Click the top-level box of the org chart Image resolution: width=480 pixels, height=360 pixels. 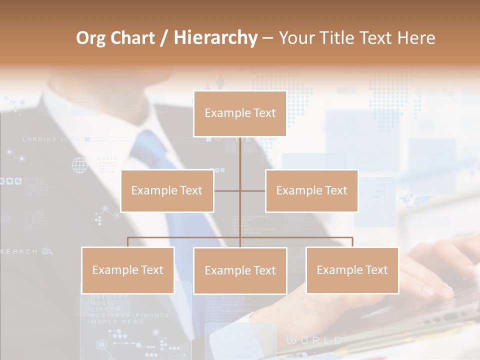(x=240, y=113)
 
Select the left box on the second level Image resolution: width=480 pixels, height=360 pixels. (x=167, y=190)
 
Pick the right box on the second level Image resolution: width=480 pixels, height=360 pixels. (x=311, y=190)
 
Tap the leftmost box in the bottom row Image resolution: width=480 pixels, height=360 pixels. (x=128, y=270)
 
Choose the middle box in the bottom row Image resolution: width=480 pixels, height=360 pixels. (x=240, y=270)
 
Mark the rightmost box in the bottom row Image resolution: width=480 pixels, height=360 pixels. (x=352, y=270)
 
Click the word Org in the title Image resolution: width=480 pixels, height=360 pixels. (x=90, y=38)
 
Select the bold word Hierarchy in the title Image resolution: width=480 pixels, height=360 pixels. (x=215, y=38)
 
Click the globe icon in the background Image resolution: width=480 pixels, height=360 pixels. (x=79, y=165)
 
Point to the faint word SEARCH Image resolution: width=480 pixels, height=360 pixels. (x=19, y=251)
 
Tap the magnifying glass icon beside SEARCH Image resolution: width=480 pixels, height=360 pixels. (x=47, y=251)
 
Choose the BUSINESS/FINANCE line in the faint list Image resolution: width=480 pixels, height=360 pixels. (x=128, y=315)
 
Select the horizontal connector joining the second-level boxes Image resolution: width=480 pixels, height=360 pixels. (x=240, y=190)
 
